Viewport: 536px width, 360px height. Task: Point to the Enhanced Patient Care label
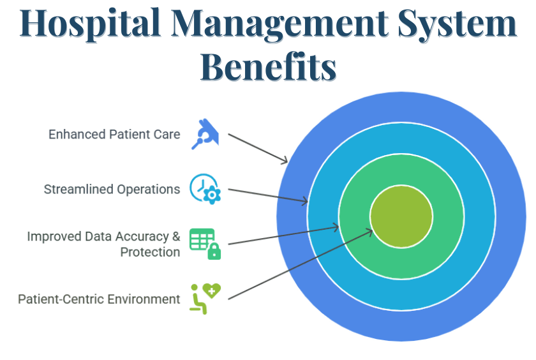(114, 135)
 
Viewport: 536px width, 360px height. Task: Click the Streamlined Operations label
(112, 190)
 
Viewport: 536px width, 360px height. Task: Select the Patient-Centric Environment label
(99, 299)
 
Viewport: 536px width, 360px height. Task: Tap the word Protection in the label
(150, 252)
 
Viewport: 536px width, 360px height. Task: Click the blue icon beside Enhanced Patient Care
(205, 134)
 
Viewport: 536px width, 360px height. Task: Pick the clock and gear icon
(205, 189)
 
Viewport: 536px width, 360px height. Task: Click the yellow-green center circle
(401, 216)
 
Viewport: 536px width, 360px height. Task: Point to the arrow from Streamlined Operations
(268, 196)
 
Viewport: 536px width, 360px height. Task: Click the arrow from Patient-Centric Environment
(300, 264)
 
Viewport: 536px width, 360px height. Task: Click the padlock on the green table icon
(214, 252)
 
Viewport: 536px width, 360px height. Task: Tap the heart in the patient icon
(212, 291)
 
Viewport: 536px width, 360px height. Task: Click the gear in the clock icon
(213, 195)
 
